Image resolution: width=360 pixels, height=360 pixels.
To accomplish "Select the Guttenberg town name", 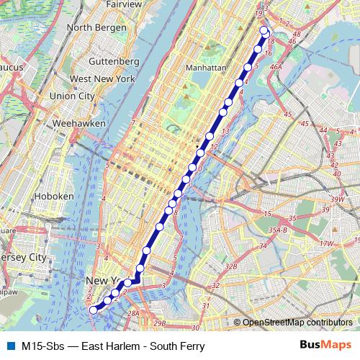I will tap(114, 61).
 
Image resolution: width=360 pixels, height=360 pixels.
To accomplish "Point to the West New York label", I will tap(103, 78).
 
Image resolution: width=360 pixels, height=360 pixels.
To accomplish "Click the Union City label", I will tap(72, 95).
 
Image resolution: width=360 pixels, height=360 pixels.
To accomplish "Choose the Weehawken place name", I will tap(84, 123).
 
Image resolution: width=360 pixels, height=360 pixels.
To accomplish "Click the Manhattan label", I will tap(205, 66).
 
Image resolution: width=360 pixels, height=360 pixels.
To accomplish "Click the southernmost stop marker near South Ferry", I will tap(93, 310).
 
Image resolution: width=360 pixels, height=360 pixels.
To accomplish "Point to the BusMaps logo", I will tap(324, 346).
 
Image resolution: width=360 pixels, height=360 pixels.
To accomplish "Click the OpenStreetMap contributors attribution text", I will tap(297, 323).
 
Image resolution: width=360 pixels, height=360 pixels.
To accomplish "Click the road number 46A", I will tap(276, 66).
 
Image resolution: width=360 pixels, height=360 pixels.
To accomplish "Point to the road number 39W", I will tap(337, 199).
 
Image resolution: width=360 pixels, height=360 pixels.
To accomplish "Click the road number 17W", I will tap(327, 243).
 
